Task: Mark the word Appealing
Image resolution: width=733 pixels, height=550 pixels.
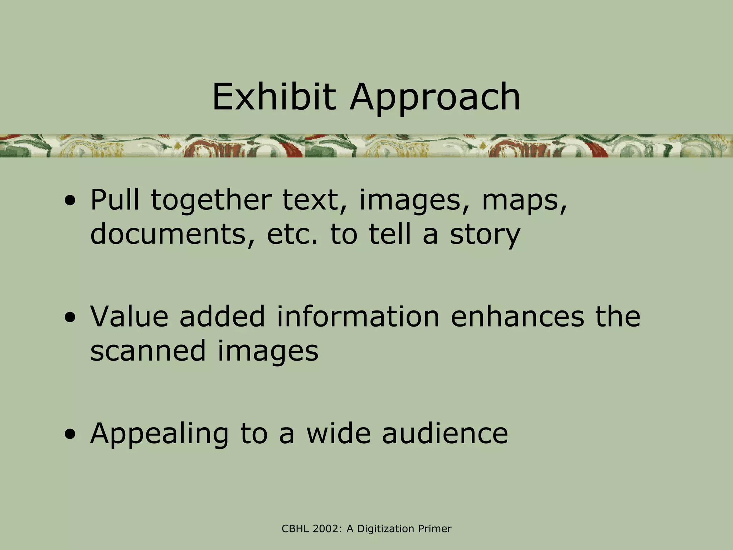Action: (x=159, y=434)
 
